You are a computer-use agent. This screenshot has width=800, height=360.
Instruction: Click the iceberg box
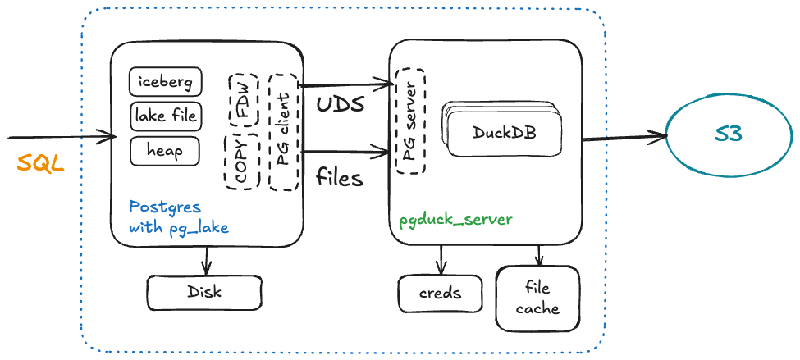pyautogui.click(x=165, y=82)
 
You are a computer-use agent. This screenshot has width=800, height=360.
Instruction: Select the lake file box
pyautogui.click(x=166, y=116)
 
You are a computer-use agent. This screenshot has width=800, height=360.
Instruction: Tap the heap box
pyautogui.click(x=166, y=151)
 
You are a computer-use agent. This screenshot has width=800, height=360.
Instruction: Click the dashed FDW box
pyautogui.click(x=244, y=99)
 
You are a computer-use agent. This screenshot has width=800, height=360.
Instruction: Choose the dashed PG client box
pyautogui.click(x=283, y=131)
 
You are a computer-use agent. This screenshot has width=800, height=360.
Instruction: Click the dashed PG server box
pyautogui.click(x=410, y=121)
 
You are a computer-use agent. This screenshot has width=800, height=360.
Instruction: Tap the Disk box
pyautogui.click(x=203, y=292)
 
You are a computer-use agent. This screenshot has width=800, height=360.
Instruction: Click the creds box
pyautogui.click(x=441, y=293)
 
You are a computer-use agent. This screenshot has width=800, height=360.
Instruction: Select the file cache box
pyautogui.click(x=537, y=298)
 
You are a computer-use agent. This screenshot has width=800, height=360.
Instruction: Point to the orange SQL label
pyautogui.click(x=40, y=162)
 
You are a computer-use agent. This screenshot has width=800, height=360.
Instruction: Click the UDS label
pyautogui.click(x=340, y=105)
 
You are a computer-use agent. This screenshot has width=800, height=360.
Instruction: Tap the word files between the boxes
pyautogui.click(x=339, y=176)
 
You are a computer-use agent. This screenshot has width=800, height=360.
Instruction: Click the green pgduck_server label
pyautogui.click(x=455, y=220)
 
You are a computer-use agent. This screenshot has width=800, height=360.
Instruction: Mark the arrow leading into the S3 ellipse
pyautogui.click(x=624, y=137)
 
